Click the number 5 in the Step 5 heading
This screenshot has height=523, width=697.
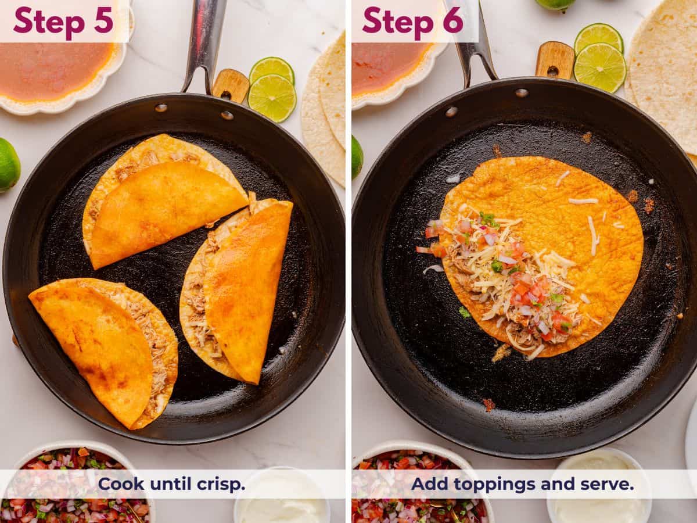[103, 20]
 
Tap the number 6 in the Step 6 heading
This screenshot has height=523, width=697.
[452, 20]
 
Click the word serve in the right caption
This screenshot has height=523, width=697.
[608, 483]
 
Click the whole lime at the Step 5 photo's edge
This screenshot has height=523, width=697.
[8, 164]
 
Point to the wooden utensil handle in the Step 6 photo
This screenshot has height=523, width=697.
[555, 60]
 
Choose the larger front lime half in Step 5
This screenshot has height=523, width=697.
[272, 98]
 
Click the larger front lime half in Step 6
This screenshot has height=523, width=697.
[600, 67]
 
